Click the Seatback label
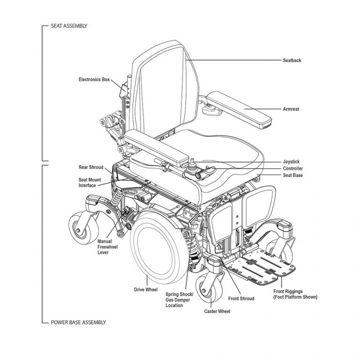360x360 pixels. click(292, 60)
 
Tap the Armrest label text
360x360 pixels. click(291, 109)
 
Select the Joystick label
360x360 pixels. click(291, 162)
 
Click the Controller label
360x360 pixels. click(292, 168)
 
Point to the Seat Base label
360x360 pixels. click(292, 175)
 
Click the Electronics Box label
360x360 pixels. click(94, 80)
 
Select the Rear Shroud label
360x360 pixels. click(90, 167)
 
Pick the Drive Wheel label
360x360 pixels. click(146, 290)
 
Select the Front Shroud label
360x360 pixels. click(241, 298)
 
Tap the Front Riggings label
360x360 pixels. click(295, 294)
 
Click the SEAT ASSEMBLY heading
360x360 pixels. click(69, 25)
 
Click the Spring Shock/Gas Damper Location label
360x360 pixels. click(176, 298)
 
